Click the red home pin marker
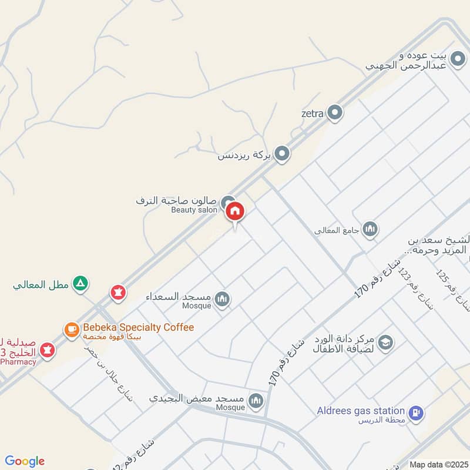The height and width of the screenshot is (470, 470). pos(235,211)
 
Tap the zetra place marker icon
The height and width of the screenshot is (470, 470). pos(335,112)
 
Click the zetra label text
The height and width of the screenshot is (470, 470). pos(312,113)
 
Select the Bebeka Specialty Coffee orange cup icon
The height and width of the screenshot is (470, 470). pos(72,329)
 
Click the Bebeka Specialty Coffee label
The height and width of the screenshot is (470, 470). pos(138,327)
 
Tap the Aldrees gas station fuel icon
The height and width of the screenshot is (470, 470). pos(415,413)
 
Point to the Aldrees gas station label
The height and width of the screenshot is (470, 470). pos(361,411)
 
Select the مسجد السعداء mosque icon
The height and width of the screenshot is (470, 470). pos(222,300)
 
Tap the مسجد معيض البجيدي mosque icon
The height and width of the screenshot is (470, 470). pos(255,401)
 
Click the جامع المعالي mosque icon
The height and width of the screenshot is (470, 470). pos(370,229)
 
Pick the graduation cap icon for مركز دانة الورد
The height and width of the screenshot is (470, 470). pos(385,342)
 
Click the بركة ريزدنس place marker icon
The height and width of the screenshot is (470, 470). pos(283,154)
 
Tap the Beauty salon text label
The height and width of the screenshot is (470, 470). pos(194,210)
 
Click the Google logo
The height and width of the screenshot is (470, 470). pos(25,461)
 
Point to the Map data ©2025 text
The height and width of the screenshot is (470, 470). pos(438,464)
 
